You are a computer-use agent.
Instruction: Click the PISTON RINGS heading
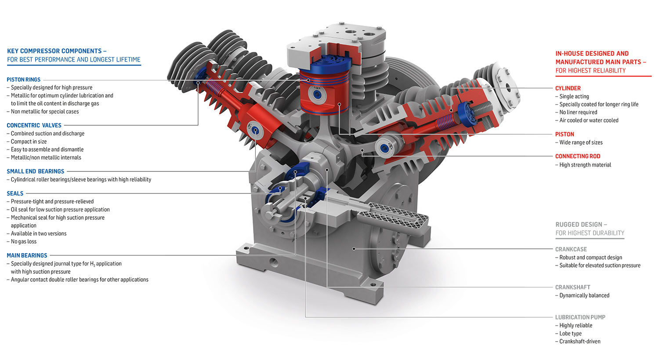[24, 80]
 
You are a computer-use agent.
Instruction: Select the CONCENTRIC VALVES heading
[34, 125]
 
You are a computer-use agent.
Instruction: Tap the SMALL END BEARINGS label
[35, 171]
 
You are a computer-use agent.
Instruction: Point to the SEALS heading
[14, 193]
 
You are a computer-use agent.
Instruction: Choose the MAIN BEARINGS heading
[27, 255]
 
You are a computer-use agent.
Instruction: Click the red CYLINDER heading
[568, 88]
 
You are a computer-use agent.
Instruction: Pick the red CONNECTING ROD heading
[578, 156]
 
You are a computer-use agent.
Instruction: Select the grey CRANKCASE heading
[571, 249]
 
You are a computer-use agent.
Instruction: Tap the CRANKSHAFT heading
[572, 287]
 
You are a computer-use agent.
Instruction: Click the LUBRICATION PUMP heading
[580, 317]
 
